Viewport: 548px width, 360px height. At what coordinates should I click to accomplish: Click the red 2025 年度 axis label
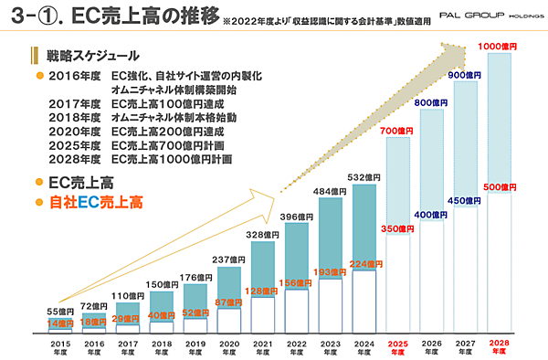click(x=398, y=347)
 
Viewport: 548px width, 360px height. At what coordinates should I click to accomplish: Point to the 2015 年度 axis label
click(x=60, y=347)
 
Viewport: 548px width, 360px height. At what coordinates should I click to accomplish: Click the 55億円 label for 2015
click(x=60, y=312)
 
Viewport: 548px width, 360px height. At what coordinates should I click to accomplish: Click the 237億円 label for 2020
click(x=229, y=259)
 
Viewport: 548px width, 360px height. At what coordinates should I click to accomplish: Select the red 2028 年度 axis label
click(x=500, y=347)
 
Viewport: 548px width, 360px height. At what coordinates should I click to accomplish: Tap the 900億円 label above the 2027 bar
click(x=466, y=75)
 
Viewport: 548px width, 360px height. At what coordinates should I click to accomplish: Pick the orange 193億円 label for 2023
click(x=331, y=272)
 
